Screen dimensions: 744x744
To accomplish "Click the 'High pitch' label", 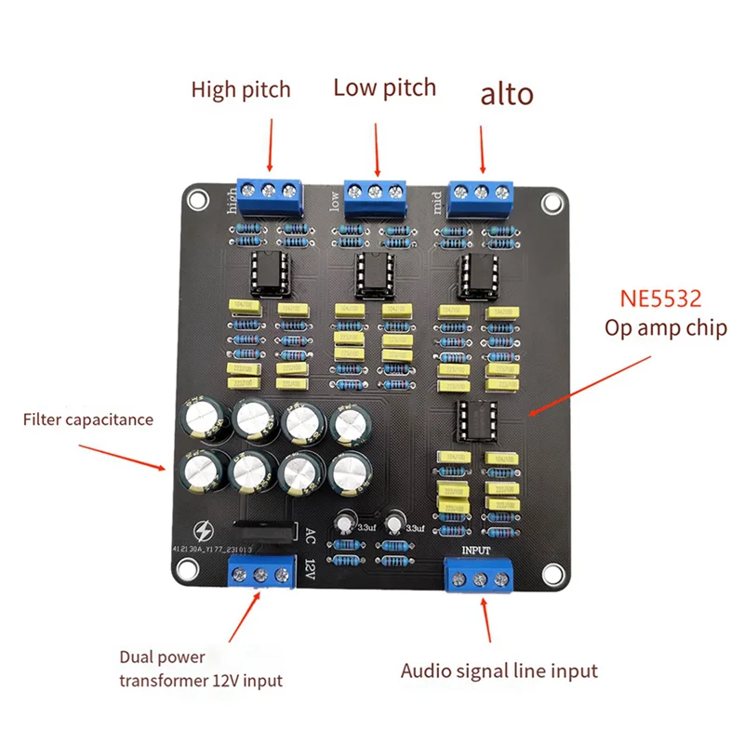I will (x=241, y=90).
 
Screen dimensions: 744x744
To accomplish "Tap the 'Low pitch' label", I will (x=384, y=88).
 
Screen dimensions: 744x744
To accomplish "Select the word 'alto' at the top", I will (x=507, y=94).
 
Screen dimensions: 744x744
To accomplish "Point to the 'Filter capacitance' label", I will (x=88, y=419).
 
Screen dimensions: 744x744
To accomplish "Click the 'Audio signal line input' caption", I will (x=499, y=670).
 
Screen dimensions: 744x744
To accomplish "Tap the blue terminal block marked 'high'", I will (x=270, y=192).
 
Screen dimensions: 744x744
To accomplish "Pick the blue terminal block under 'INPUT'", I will (x=480, y=577).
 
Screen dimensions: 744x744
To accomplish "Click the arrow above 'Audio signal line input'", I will (x=486, y=621).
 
